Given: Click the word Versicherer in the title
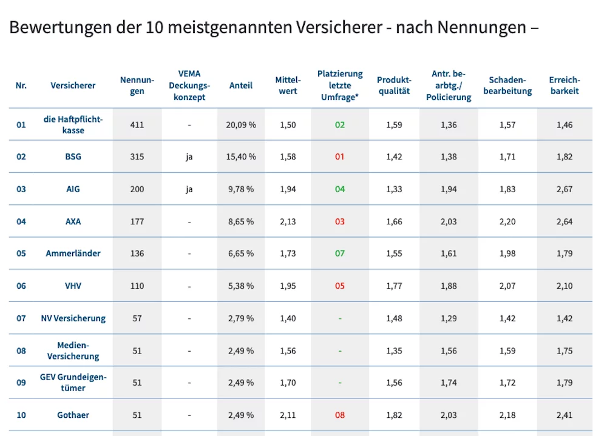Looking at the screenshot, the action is tap(339, 27).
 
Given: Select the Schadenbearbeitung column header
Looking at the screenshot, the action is tap(507, 86).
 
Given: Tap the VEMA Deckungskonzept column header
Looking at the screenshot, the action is tap(189, 86).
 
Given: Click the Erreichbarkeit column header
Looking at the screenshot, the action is tap(565, 86).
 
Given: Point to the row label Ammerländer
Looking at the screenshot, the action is tap(73, 253).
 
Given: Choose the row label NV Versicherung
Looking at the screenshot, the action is tap(73, 318).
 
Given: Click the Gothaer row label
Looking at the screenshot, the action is tap(73, 415).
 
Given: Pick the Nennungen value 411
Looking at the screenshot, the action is tap(137, 125).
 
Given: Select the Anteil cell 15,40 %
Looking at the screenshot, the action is tap(241, 156).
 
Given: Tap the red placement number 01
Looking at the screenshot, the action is tap(339, 156).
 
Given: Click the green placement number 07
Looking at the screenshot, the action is tap(339, 253).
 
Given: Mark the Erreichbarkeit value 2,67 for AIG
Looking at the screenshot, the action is tap(565, 189).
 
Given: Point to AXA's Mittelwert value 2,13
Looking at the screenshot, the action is tap(288, 222).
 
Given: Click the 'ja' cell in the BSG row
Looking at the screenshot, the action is tap(189, 157).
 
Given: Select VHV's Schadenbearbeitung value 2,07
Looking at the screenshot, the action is tap(507, 286).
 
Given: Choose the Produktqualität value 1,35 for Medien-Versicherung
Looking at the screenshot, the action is tap(394, 351).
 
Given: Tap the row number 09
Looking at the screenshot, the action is tap(21, 383).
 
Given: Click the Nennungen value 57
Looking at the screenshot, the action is tap(137, 318).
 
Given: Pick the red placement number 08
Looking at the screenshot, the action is tap(339, 415).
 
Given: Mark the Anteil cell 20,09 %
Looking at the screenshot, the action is tap(241, 125).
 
